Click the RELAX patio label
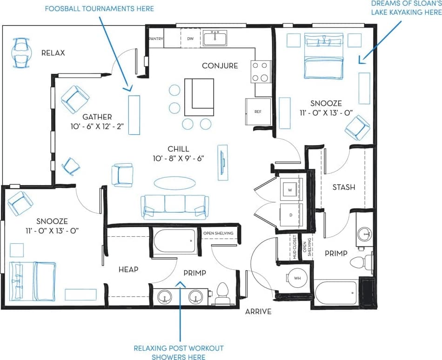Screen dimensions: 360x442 point(53,53)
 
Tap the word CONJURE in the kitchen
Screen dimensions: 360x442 point(220,66)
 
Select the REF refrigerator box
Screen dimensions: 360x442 point(258,112)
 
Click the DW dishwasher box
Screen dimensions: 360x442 point(190,39)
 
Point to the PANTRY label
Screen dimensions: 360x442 point(156,39)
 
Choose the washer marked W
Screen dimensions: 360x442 point(291,190)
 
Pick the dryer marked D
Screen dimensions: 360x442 point(291,215)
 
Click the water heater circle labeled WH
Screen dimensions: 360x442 point(297,278)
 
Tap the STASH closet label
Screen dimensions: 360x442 point(344,187)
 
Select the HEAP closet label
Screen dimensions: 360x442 point(128,269)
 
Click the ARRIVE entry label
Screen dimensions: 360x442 point(258,312)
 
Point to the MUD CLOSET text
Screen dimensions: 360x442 point(295,247)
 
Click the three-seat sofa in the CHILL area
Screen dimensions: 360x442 point(175,207)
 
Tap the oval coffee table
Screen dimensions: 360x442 point(175,182)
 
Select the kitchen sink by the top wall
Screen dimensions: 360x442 point(215,38)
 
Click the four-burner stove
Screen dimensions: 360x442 point(261,72)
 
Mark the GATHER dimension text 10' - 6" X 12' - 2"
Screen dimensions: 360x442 point(97,127)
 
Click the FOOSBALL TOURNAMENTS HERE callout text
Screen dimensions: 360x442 point(99,8)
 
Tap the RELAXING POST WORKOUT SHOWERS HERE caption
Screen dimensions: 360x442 point(179,353)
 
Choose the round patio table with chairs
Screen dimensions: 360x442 point(20,53)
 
